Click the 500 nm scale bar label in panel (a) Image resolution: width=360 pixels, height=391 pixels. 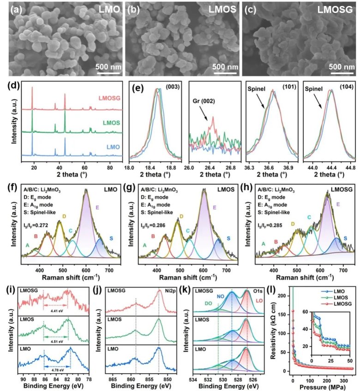[108, 67]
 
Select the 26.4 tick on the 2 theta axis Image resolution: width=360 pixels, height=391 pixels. [210, 171]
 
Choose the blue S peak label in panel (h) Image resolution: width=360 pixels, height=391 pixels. [345, 238]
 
